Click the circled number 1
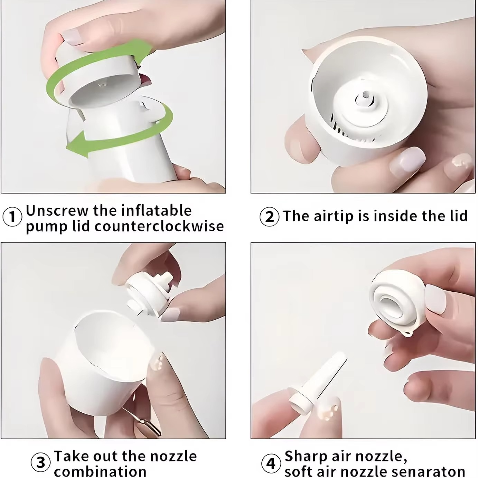click(12, 217)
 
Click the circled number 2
click(269, 217)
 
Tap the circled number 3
click(41, 462)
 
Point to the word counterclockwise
click(159, 226)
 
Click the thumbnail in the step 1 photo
click(74, 37)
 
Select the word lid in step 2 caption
click(458, 216)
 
